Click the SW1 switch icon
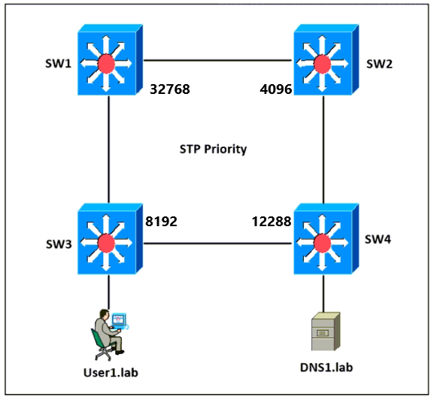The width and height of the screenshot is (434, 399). point(110,59)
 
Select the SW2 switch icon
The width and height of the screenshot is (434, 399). point(326,59)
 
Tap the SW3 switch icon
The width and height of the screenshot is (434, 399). point(110,239)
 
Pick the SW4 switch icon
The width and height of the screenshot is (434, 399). point(326,239)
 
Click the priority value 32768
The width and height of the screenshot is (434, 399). point(170,89)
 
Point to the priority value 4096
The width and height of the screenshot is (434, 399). point(276,89)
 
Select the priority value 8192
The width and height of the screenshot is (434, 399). point(162,222)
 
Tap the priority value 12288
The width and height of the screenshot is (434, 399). point(272,222)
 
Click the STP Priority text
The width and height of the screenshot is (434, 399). point(213,150)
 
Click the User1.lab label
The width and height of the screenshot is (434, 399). point(111,373)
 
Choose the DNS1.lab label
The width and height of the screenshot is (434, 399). point(326,367)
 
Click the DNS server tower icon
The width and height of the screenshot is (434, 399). point(326,331)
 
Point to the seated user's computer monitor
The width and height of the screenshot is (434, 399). point(119,319)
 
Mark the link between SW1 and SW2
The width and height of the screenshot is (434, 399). point(217,60)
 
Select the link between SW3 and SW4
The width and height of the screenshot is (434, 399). point(217,243)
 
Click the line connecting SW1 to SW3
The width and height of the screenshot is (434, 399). point(108,150)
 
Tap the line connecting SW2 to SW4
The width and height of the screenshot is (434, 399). point(323,150)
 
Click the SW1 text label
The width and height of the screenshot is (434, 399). point(58,64)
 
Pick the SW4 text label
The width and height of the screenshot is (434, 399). point(378,240)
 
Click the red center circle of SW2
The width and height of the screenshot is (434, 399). point(323,64)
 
